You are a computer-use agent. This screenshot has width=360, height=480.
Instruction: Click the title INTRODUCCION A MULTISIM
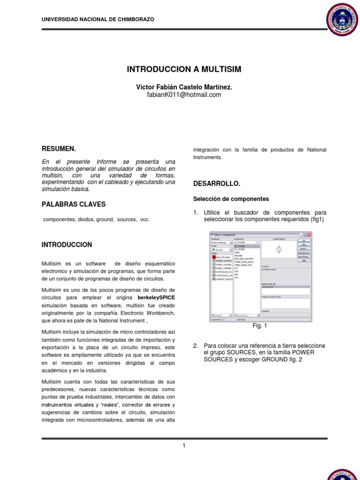184,69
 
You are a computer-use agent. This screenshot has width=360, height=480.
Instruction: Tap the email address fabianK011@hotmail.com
184,95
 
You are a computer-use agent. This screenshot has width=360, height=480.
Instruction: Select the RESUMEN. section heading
59,149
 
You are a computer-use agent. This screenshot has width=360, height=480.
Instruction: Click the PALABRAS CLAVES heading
74,204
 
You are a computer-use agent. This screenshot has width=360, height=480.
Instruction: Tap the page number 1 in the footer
184,445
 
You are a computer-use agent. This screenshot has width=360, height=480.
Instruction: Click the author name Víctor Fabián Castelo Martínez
184,87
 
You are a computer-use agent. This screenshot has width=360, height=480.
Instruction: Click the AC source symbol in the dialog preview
279,249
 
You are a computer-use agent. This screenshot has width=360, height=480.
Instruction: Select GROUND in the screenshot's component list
238,255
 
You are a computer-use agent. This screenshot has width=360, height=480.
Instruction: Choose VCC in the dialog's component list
237,268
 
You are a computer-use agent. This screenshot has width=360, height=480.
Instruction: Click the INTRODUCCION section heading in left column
67,245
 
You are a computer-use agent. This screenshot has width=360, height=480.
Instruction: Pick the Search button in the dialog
304,248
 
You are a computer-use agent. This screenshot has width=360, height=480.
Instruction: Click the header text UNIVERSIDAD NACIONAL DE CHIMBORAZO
97,19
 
